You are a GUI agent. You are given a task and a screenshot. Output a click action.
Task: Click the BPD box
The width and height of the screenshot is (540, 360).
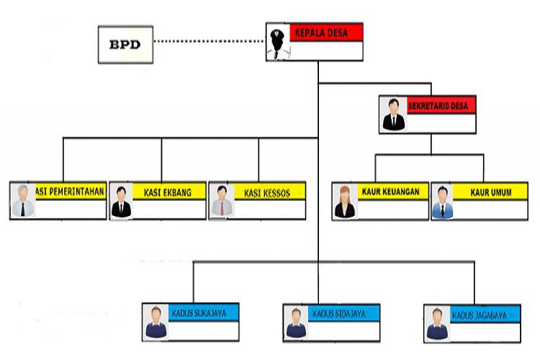[125, 44]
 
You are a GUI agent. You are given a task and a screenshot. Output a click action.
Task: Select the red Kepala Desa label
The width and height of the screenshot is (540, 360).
[325, 32]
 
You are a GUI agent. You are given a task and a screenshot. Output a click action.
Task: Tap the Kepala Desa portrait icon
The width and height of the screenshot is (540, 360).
[277, 42]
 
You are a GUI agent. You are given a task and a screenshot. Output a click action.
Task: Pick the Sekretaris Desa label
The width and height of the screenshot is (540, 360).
[438, 106]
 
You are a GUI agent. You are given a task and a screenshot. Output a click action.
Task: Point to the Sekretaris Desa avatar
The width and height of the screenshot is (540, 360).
[393, 114]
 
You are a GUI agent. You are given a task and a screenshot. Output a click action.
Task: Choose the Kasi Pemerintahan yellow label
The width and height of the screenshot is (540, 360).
[71, 192]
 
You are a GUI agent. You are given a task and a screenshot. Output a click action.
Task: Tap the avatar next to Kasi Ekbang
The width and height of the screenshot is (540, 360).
[121, 200]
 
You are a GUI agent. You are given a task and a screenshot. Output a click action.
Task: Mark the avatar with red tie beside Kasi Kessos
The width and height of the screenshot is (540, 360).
[221, 200]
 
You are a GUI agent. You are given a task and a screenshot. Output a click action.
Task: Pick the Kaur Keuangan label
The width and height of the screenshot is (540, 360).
[392, 192]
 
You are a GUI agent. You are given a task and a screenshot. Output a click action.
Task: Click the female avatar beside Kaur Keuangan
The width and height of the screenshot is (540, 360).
[344, 200]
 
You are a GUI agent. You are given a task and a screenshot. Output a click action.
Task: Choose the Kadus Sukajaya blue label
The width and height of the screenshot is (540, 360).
[202, 313]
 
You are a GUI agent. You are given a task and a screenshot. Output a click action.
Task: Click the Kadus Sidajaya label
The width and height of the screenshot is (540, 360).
[343, 313]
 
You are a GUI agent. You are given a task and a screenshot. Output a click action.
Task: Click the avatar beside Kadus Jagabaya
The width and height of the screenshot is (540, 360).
[436, 322]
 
